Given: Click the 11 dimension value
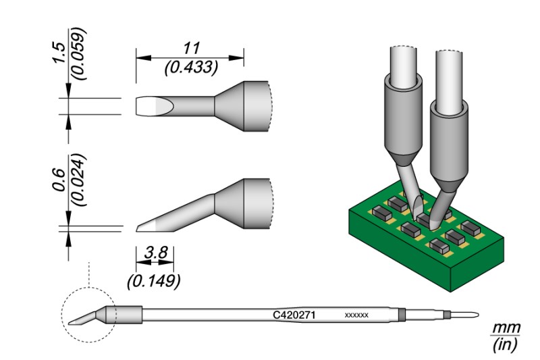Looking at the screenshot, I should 190,49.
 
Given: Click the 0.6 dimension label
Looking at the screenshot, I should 59,181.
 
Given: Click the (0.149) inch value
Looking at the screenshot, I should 154,278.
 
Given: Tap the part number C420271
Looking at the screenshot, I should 294,315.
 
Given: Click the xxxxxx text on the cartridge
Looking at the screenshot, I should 356,315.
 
